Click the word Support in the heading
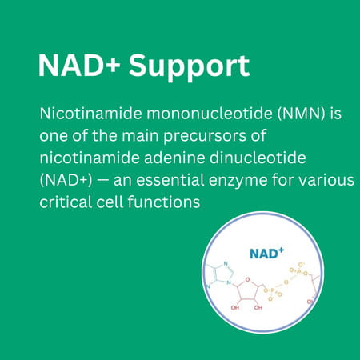pos(189,67)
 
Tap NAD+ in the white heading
pos(79,66)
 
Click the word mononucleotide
pos(210,114)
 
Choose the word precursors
pos(203,137)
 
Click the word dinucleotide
pos(258,158)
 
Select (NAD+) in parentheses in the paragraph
pos(66,180)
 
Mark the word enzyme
pos(238,181)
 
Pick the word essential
pos(170,180)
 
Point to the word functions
pos(164,202)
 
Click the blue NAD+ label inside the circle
pos(266,253)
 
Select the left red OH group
pos(235,308)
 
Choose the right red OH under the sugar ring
pos(258,308)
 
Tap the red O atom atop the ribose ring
pos(247,279)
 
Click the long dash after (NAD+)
pos(102,181)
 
